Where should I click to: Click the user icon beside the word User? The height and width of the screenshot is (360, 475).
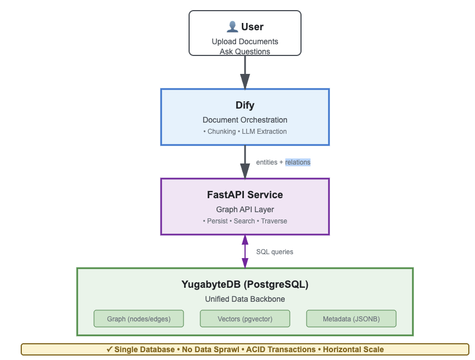(232, 26)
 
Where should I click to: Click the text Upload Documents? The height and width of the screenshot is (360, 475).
(245, 41)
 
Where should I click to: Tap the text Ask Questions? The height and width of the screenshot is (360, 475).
(245, 52)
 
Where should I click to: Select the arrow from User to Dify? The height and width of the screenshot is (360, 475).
(245, 72)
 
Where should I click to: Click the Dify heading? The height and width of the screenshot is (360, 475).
(245, 105)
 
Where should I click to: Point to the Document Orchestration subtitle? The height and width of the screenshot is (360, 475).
(245, 120)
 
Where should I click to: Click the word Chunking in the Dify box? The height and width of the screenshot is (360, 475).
(222, 132)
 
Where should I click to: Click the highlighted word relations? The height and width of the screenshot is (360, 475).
(298, 162)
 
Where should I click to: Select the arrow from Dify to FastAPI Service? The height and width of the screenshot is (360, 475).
(245, 162)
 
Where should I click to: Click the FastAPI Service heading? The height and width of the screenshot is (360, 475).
(245, 195)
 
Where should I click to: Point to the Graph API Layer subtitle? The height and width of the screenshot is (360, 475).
(245, 209)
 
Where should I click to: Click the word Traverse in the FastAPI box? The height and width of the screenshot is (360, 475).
(274, 221)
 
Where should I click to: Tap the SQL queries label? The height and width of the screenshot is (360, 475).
(275, 252)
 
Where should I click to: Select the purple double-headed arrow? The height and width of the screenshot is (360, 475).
(245, 251)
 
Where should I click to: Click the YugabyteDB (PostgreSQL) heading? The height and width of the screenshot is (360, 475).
(245, 284)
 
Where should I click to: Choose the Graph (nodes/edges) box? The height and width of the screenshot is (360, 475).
(139, 319)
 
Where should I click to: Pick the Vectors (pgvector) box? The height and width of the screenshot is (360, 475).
(245, 319)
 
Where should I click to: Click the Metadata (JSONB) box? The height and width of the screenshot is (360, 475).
(351, 319)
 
